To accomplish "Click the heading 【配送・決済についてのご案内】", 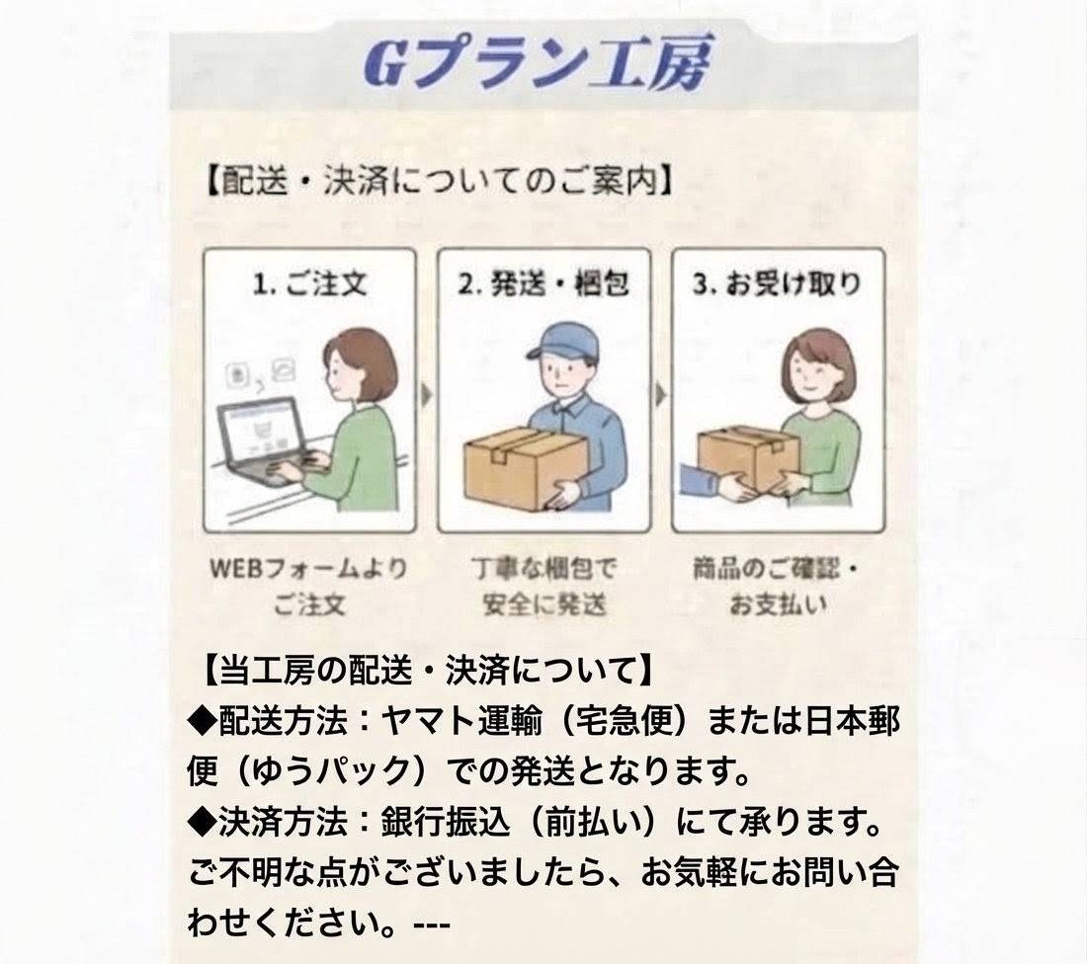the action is pyautogui.click(x=440, y=182).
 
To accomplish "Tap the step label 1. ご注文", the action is pyautogui.click(x=310, y=283).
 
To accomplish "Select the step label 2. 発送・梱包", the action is pyautogui.click(x=543, y=283).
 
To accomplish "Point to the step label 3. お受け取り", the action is pyautogui.click(x=777, y=283).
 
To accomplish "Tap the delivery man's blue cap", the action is pyautogui.click(x=562, y=343).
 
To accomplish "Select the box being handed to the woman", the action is pyautogui.click(x=747, y=456).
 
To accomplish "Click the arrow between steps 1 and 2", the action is pyautogui.click(x=426, y=395).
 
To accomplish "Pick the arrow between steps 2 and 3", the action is pyautogui.click(x=661, y=395).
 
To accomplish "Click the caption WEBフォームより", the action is pyautogui.click(x=308, y=569).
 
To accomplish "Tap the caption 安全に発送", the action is pyautogui.click(x=544, y=604).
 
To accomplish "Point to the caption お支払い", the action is pyautogui.click(x=778, y=604).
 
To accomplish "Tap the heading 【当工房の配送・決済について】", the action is pyautogui.click(x=428, y=671).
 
